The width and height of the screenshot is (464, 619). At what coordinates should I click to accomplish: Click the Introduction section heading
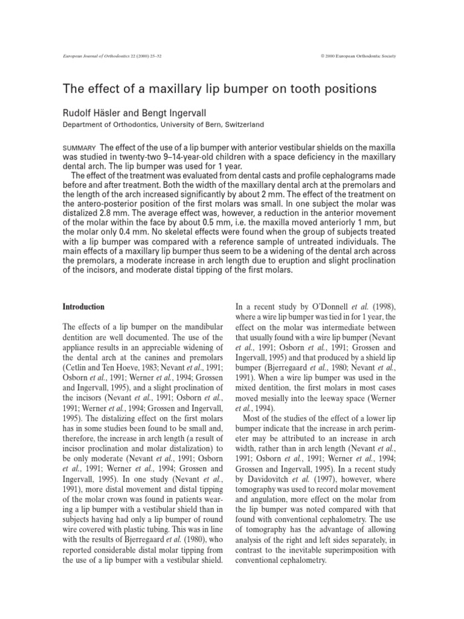click(x=84, y=306)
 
